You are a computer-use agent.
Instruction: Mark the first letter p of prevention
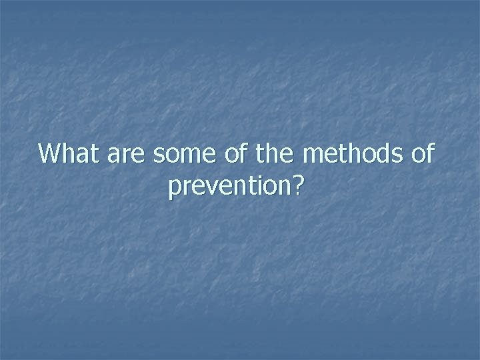(x=175, y=191)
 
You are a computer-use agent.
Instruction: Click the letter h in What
(x=67, y=154)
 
